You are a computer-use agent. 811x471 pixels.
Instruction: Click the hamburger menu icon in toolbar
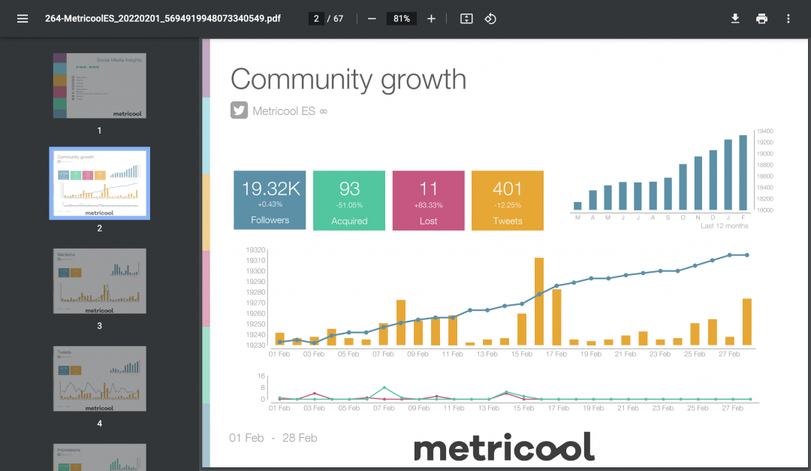23,19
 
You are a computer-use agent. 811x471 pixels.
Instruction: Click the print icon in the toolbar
761,19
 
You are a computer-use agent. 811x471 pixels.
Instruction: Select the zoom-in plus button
431,19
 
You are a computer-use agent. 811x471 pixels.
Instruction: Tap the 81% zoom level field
401,19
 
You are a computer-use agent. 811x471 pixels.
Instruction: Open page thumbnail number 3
100,281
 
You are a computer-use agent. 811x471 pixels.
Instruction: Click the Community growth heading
348,79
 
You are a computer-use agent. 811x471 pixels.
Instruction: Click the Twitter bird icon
239,110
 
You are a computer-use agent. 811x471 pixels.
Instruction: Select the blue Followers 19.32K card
270,200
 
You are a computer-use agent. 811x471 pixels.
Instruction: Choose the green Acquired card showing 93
349,200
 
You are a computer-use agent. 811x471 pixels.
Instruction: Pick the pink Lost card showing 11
429,200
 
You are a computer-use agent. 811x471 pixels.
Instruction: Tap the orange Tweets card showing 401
508,200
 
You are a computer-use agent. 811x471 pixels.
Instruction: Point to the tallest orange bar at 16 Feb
539,301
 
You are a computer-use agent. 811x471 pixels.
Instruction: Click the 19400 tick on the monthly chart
764,131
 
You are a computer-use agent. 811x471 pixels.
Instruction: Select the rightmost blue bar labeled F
743,173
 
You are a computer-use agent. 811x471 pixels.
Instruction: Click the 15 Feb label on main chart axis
522,355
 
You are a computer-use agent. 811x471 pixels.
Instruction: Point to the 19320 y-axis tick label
256,249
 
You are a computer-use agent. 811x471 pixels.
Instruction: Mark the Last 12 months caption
724,225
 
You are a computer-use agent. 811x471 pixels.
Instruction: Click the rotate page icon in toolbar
490,19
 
